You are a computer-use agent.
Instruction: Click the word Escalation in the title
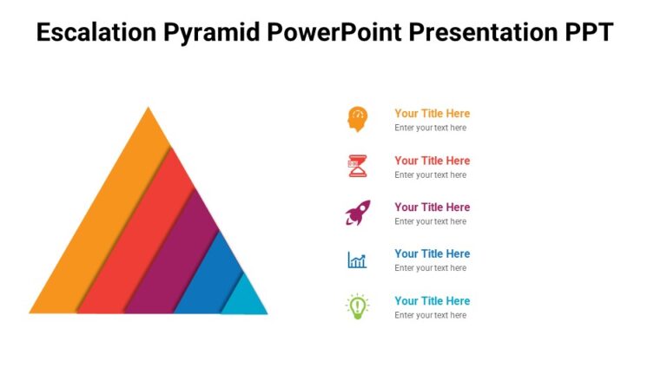coord(96,33)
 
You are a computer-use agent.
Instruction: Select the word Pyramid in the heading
coord(214,33)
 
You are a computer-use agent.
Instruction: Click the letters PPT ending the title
coord(588,33)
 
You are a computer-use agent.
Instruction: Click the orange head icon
coord(357,119)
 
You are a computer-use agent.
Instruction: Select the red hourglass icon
coord(357,166)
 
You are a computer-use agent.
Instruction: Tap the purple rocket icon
coord(357,213)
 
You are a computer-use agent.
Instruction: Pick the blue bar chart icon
coord(357,260)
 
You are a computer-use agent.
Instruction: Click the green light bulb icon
coord(357,306)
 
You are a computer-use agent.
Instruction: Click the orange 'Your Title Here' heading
coord(432,113)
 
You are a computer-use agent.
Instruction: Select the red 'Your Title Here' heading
coord(432,160)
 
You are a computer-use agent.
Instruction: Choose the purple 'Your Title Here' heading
coord(432,207)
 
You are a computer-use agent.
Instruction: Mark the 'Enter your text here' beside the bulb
coord(430,315)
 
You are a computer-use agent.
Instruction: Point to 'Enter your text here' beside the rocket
coord(430,221)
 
